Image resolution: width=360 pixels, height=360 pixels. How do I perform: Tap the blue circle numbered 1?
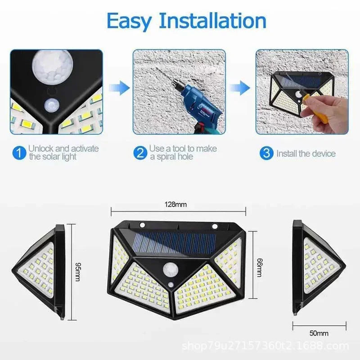point(18,153)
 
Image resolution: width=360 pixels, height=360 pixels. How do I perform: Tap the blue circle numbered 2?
point(140,153)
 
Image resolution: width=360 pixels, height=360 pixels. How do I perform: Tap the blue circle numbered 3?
point(266,153)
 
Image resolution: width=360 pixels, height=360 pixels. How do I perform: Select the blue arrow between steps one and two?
point(118,86)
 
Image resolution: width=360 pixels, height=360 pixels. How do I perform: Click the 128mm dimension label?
point(178,204)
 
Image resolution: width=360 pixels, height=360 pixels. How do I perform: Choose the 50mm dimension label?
point(319,333)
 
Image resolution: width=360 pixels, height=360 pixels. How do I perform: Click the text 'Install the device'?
point(306,153)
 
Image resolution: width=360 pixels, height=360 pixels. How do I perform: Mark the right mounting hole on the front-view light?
point(215,225)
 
